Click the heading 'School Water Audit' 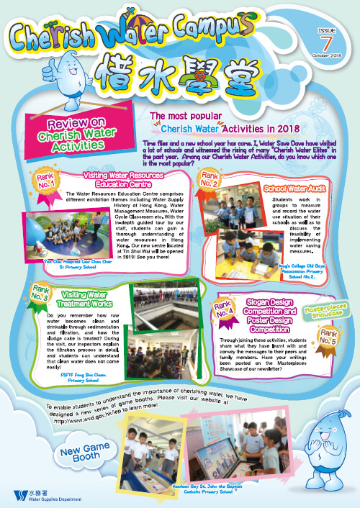(294, 188)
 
